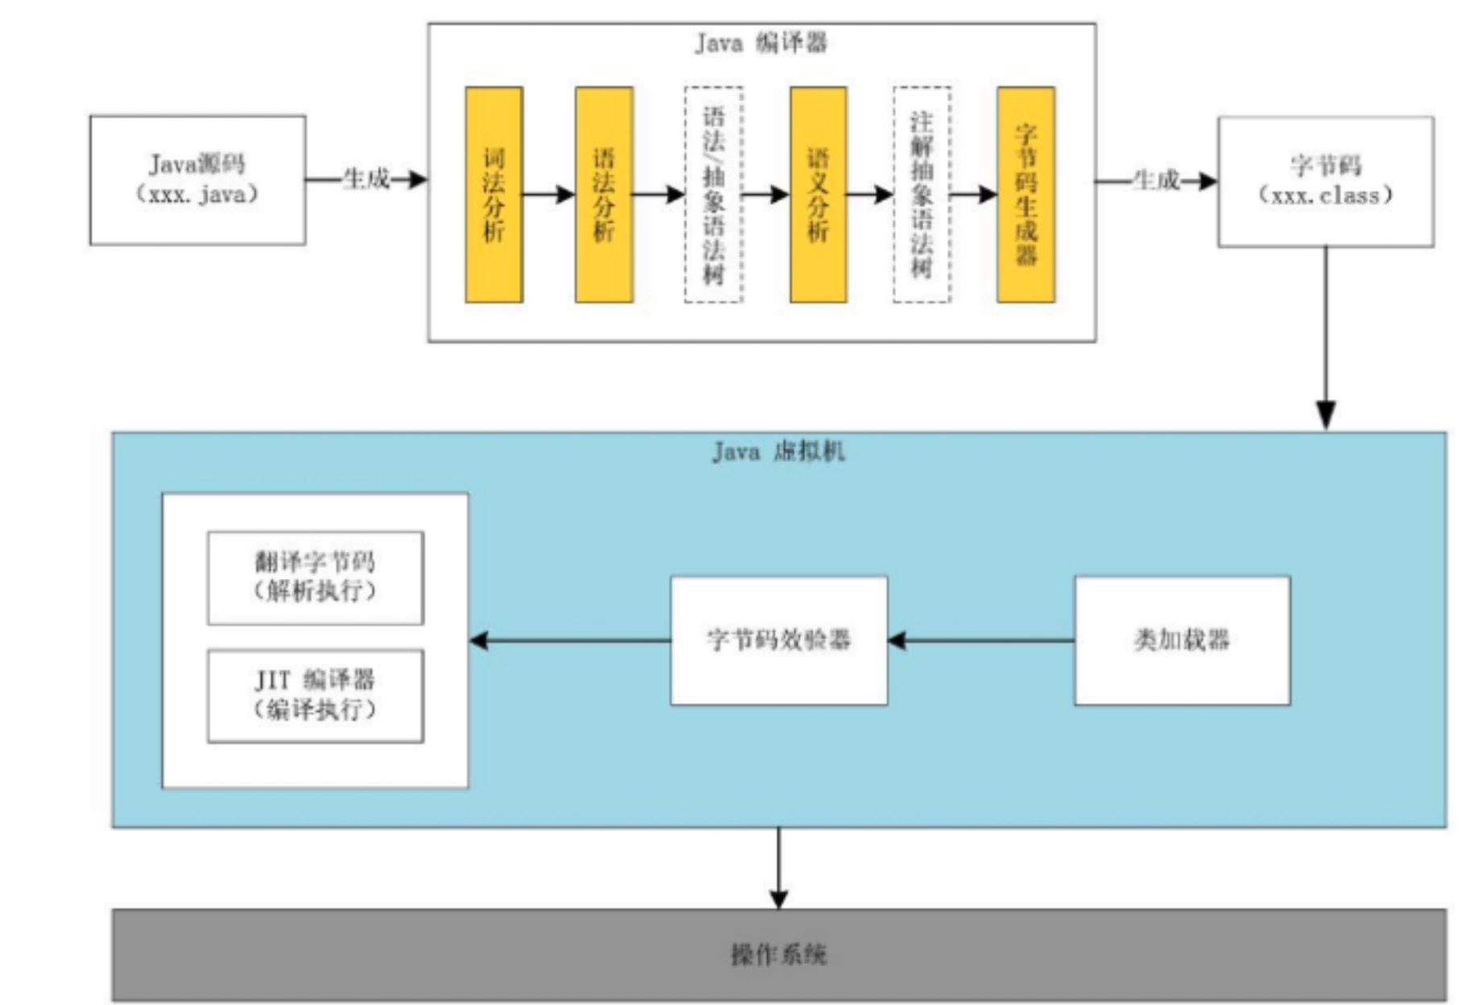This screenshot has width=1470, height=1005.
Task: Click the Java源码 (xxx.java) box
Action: coord(197,180)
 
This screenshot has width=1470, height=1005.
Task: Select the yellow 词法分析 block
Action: coord(493,195)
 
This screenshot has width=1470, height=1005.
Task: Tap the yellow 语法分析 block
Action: coord(604,195)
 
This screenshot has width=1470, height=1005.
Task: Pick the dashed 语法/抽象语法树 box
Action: coord(713,195)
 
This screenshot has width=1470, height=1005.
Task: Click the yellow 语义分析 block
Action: coord(818,195)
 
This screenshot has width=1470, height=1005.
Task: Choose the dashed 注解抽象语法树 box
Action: coord(922,195)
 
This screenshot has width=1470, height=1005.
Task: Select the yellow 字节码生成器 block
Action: coord(1026,195)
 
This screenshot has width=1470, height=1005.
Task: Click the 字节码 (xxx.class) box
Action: coord(1325,181)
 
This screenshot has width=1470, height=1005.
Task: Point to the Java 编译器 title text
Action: coord(761,43)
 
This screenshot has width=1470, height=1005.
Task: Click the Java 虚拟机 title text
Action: coord(778,451)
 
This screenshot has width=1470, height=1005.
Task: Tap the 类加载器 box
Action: coord(1182,640)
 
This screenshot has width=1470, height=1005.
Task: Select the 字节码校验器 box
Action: coord(778,640)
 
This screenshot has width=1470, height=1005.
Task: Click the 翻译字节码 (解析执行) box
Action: coord(315,577)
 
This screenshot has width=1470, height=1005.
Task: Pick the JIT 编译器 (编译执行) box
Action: coord(315,696)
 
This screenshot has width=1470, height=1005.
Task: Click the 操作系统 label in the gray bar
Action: coord(778,955)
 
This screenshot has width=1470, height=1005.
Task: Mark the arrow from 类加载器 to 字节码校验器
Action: coord(981,641)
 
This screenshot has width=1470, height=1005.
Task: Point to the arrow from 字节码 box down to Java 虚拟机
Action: coord(1326,338)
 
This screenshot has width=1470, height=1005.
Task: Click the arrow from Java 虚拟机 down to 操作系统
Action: coord(778,868)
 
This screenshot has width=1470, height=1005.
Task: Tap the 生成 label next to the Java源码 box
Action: coord(366,179)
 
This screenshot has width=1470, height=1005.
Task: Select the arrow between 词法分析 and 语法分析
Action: coord(548,194)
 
